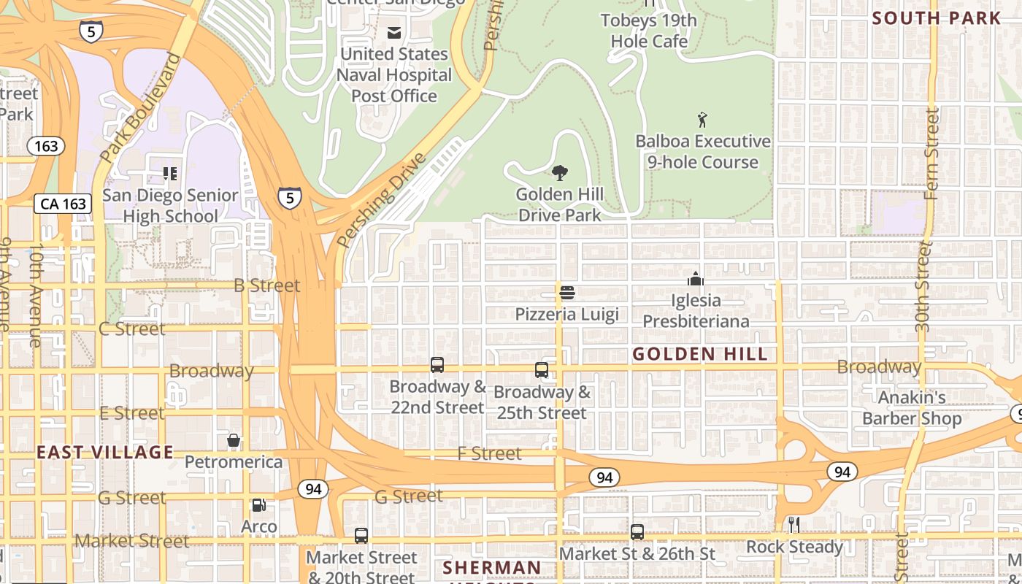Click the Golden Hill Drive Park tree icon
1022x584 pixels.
560,173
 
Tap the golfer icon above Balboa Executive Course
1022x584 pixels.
702,120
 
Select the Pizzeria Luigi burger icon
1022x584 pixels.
567,293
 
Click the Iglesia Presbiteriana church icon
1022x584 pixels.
696,279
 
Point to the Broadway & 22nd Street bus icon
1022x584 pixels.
437,365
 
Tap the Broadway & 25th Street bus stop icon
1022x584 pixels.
542,370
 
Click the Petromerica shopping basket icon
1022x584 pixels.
234,440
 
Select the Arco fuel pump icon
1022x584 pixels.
258,505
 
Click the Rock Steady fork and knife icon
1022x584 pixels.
794,524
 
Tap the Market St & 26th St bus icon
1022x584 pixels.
637,532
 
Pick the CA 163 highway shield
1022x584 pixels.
64,204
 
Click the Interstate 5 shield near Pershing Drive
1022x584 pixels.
290,197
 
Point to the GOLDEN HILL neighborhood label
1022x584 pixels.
699,355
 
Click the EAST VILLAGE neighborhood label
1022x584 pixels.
105,453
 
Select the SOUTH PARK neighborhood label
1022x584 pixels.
937,18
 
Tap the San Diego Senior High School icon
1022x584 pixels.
170,174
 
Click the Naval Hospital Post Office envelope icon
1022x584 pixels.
394,33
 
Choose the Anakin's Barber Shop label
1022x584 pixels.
911,408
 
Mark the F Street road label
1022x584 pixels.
489,453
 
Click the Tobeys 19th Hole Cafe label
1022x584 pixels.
648,31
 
